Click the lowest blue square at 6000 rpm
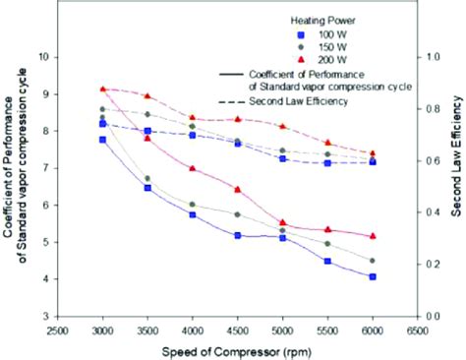click(x=373, y=277)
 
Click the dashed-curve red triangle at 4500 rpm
click(x=238, y=119)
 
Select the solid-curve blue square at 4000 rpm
click(x=193, y=214)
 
